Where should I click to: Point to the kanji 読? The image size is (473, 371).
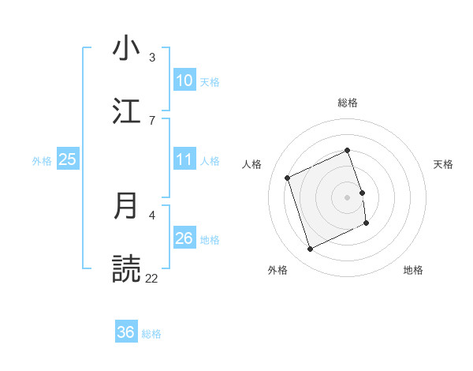coord(127,268)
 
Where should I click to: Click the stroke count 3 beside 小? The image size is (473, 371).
coord(151,58)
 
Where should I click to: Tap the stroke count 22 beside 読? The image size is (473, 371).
coord(151,278)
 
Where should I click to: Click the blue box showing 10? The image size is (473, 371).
coord(184,81)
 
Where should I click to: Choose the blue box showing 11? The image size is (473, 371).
coord(184,159)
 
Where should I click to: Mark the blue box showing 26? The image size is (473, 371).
coord(184,238)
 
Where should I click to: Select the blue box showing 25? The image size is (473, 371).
coord(68,159)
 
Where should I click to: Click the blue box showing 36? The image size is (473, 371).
coord(126,333)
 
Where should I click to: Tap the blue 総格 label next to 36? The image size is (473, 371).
coord(151,334)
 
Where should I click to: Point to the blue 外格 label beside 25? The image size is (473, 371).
coord(42,160)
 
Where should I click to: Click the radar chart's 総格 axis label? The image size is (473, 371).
coord(348,103)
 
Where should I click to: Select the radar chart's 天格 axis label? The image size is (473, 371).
coord(444,164)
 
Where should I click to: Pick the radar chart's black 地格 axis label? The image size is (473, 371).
coord(413,270)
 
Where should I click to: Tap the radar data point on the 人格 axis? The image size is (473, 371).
coord(288,178)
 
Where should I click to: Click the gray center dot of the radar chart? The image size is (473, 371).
coord(348,197)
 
